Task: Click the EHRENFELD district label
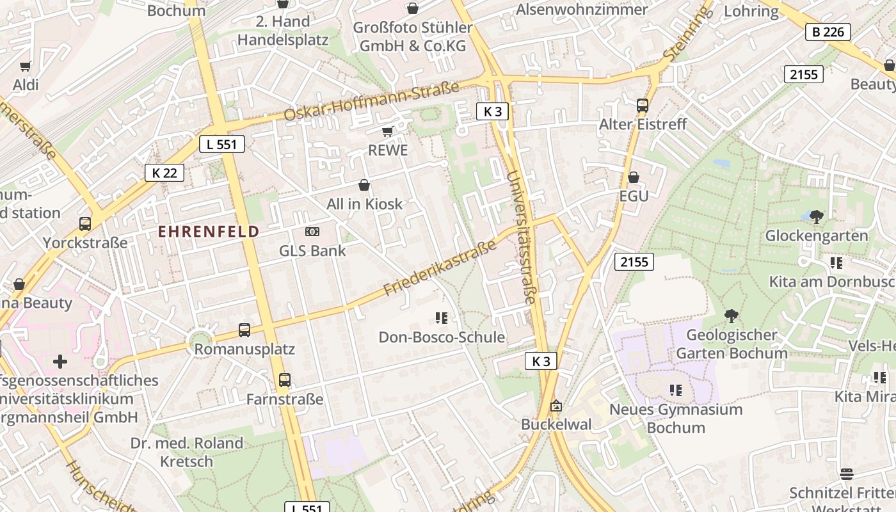[x=209, y=232]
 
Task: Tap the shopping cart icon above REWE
[x=387, y=132]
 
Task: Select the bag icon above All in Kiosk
[x=364, y=186]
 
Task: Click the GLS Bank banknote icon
[x=312, y=232]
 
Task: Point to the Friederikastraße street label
[x=440, y=268]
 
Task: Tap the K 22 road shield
[x=164, y=173]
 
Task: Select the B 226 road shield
[x=828, y=32]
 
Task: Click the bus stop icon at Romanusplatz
[x=244, y=330]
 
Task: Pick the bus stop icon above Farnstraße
[x=285, y=380]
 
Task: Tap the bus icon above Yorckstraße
[x=85, y=224]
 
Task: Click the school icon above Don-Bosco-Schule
[x=441, y=317]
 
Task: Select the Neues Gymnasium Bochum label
[x=675, y=419]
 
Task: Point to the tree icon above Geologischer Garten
[x=731, y=316]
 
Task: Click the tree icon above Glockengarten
[x=817, y=216]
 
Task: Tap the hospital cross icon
[x=60, y=362]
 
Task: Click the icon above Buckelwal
[x=556, y=406]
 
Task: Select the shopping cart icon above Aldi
[x=26, y=67]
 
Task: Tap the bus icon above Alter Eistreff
[x=643, y=106]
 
